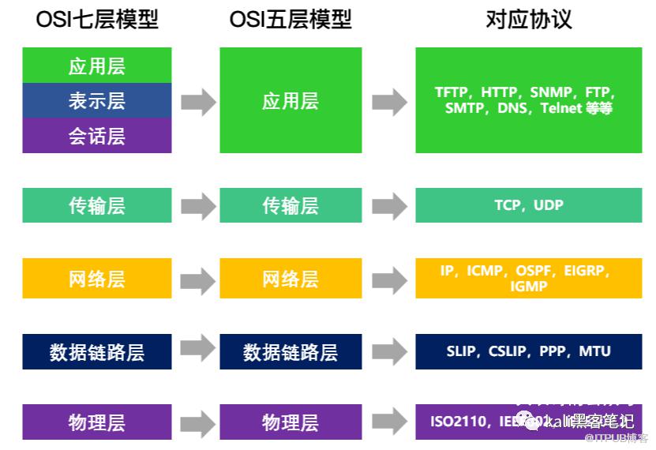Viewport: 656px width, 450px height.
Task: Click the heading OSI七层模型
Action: tap(97, 20)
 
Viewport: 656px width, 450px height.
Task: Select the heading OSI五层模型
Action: tap(291, 20)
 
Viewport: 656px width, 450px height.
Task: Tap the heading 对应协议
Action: tap(528, 20)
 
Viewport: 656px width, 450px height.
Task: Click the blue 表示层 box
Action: tap(97, 101)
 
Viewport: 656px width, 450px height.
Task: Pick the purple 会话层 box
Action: tap(97, 136)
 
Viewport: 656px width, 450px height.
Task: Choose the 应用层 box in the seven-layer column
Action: tap(97, 66)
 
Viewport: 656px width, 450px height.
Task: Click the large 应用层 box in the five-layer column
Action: tap(291, 100)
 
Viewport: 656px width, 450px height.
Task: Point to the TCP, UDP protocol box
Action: tap(528, 205)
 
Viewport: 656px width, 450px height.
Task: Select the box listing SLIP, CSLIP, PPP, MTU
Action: tap(528, 351)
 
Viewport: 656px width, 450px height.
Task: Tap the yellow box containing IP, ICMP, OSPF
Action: tap(528, 278)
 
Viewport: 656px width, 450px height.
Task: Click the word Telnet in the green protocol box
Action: tap(561, 109)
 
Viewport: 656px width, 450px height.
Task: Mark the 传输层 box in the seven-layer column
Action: tap(97, 205)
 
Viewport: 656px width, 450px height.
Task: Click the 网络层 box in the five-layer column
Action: tap(291, 279)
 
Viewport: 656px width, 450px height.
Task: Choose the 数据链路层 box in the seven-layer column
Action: tap(97, 352)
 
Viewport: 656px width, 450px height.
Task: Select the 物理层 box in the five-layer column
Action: tap(291, 422)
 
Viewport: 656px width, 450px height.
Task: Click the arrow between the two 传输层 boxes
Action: tap(197, 206)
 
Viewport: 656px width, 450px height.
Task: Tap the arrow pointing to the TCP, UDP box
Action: tap(389, 206)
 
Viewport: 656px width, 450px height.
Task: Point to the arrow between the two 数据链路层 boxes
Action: tap(197, 348)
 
